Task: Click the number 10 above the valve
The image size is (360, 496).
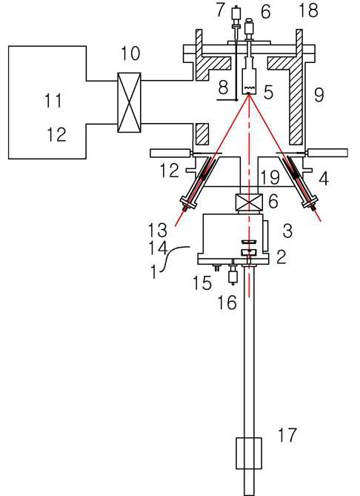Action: tap(130, 53)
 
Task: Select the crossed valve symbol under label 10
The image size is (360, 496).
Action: tap(130, 102)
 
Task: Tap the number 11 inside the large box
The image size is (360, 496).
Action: tap(53, 101)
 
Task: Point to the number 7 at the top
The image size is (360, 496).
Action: tap(220, 10)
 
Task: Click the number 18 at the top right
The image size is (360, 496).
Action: tap(308, 10)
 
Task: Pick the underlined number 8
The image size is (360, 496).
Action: tap(223, 87)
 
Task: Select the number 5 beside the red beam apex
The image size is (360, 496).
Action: tap(268, 93)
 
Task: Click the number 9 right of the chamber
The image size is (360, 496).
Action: tap(319, 95)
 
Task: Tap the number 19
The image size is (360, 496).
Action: tap(270, 177)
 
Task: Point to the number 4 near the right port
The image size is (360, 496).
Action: tap(324, 179)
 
